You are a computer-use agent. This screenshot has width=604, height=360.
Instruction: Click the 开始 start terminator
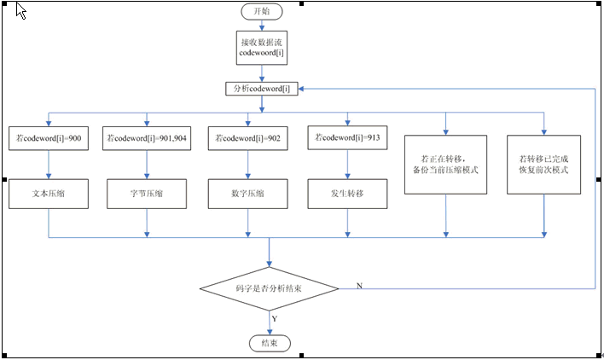tap(261, 11)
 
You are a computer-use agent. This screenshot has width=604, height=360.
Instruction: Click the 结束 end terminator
tap(270, 343)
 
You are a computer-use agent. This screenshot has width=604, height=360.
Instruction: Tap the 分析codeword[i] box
tap(261, 89)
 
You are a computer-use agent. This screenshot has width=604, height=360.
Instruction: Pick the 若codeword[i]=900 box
tap(49, 136)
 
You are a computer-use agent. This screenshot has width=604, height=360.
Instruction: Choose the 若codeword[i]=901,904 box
tap(147, 136)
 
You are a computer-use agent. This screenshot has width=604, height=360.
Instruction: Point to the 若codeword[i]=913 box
tap(346, 136)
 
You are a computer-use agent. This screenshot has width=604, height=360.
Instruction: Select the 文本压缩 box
tap(49, 194)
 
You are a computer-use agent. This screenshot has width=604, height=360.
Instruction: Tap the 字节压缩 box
tap(147, 194)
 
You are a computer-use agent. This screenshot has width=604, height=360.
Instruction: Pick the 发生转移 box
tap(346, 194)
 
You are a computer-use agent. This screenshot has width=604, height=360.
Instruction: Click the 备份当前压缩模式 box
tap(444, 165)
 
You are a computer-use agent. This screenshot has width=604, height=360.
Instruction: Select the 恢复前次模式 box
tap(543, 165)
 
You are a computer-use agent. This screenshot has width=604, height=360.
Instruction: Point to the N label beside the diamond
tap(358, 284)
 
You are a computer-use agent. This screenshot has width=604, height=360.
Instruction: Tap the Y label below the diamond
tap(275, 318)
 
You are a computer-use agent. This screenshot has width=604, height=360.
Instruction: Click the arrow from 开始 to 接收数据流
tap(261, 26)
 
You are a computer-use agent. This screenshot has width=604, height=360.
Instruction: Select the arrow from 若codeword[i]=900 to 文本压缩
tap(49, 164)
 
